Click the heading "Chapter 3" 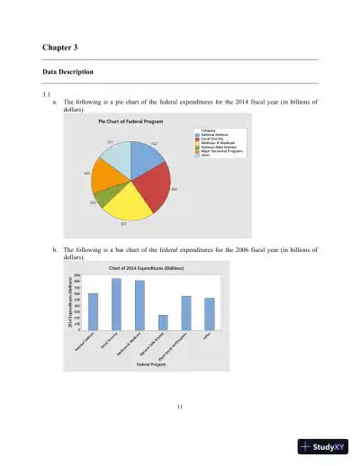click(x=60, y=46)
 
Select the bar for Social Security click(x=116, y=304)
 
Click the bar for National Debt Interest click(x=163, y=322)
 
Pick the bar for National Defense click(x=93, y=311)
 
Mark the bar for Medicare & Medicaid click(x=139, y=305)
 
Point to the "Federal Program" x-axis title click(x=151, y=366)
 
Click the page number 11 click(x=180, y=410)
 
